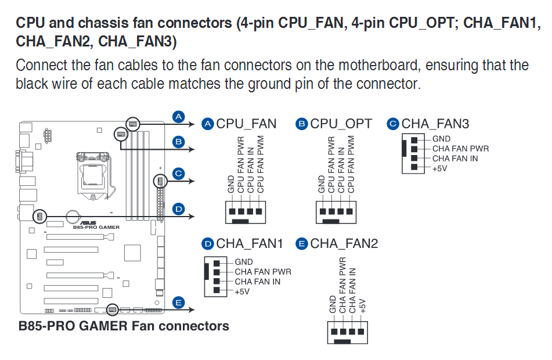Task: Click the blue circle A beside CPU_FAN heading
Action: point(208,124)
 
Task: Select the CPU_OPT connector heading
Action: point(341,124)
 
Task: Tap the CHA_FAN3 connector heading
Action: point(435,124)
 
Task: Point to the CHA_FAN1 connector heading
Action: point(250,243)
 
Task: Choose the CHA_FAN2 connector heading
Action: point(344,243)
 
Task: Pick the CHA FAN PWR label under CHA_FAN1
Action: point(262,272)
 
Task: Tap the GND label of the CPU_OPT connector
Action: point(322,184)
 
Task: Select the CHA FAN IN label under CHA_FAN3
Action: point(454,159)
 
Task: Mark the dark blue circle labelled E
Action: point(179,303)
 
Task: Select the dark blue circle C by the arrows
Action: point(179,173)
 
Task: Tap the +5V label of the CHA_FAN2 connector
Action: point(363,305)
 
